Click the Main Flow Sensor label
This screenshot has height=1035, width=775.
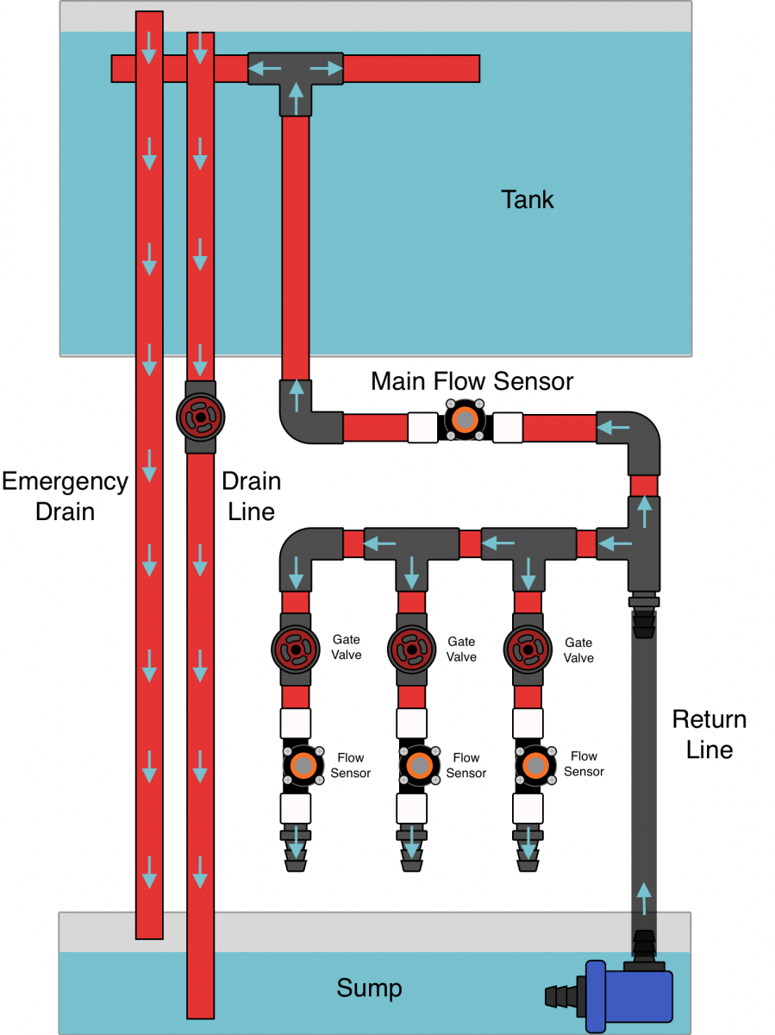472,381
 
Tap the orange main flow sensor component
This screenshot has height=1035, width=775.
466,420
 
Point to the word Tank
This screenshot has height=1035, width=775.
528,200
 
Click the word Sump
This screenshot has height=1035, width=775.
369,988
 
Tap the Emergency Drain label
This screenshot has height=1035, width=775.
65,496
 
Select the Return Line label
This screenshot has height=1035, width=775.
709,734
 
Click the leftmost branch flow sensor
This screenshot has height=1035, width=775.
302,765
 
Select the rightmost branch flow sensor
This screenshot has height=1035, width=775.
534,765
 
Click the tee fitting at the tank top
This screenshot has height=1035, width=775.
296,76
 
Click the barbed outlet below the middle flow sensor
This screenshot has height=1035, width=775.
411,850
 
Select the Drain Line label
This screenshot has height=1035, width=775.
251,496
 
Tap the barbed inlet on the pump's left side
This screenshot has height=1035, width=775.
565,996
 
